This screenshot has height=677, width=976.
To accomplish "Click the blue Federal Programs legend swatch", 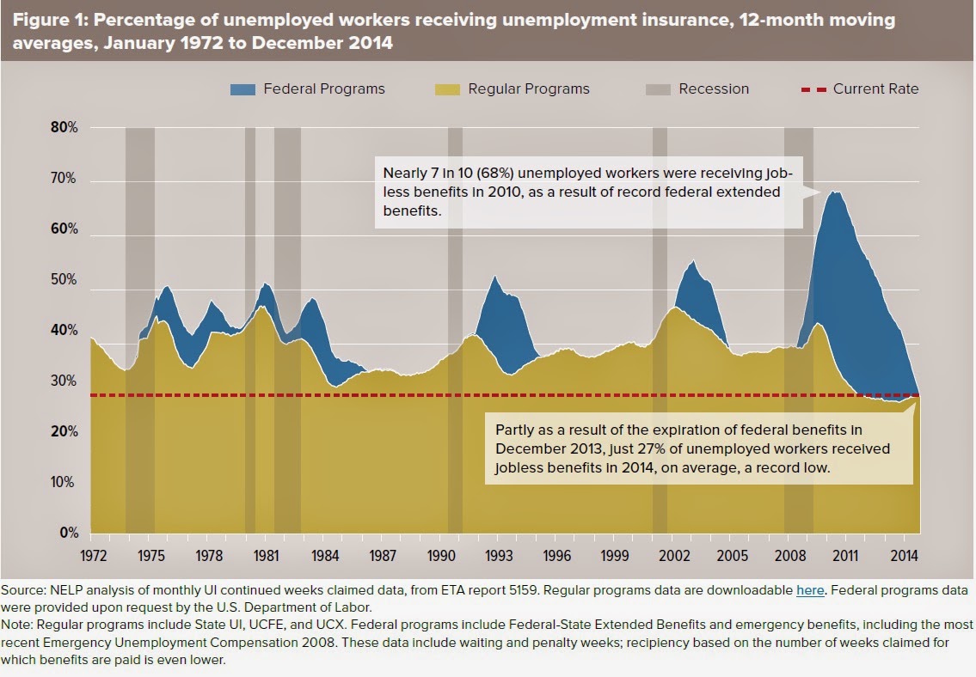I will click(x=243, y=89).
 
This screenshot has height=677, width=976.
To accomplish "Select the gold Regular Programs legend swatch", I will click(x=448, y=89).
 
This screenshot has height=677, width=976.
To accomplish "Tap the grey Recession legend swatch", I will click(x=657, y=89).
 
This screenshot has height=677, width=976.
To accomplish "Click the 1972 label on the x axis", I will click(x=92, y=554).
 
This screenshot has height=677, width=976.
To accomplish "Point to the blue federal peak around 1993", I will click(x=494, y=278).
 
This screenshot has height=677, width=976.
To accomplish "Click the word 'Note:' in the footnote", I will click(x=19, y=624).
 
